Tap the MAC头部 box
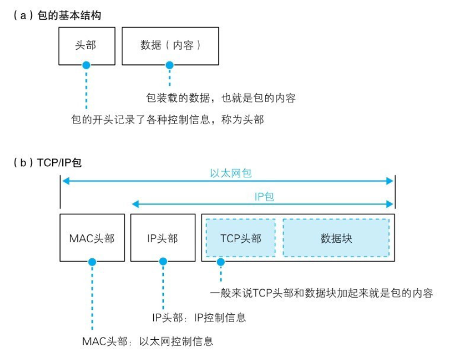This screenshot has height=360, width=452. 92,238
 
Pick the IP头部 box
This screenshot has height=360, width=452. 162,238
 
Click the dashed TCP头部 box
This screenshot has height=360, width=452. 241,238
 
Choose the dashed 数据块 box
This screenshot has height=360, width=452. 336,238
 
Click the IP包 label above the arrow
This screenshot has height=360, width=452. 264,197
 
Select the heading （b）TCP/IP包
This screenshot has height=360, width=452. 47,163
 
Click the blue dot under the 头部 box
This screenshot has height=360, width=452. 86,65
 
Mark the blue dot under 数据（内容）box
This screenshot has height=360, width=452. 170,65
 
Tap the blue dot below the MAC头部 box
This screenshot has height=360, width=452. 92,262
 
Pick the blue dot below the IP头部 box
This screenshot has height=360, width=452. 163,262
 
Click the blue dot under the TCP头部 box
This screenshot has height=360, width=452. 220,262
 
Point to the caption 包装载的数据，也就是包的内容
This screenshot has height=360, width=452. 221,98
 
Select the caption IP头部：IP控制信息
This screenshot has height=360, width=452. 199,318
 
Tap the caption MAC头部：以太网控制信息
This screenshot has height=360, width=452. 147,341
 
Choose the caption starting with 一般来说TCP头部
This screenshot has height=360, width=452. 321,293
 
